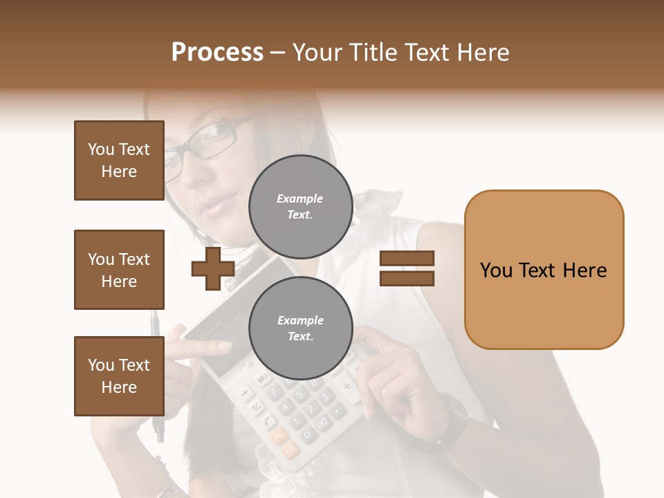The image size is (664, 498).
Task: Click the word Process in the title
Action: [217, 53]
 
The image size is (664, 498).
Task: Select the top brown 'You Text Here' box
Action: [119, 160]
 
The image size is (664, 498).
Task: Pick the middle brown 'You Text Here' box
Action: [119, 270]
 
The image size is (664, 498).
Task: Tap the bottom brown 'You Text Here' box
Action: [119, 376]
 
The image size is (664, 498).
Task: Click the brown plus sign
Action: [213, 268]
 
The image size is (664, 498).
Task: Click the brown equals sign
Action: [407, 268]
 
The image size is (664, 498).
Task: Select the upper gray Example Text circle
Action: [300, 206]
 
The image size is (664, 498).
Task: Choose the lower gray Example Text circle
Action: [300, 328]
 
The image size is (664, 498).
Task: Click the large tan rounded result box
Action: [544, 270]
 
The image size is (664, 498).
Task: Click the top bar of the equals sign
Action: [407, 259]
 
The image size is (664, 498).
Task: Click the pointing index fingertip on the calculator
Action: [225, 346]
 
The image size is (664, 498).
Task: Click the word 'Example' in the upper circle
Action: [300, 199]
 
